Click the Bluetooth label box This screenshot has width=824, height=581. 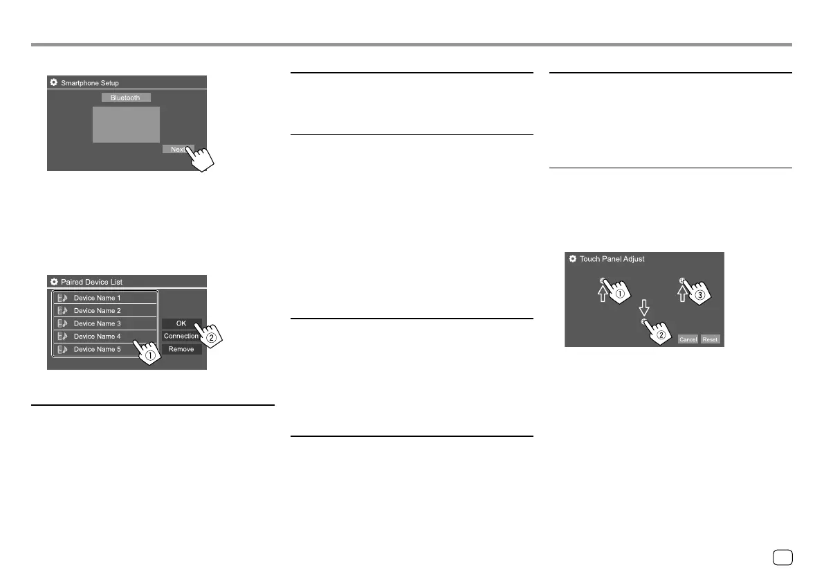tap(125, 98)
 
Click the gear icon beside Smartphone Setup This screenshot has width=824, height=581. tap(53, 83)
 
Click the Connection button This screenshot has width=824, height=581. tap(181, 336)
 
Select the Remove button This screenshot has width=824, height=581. tap(181, 349)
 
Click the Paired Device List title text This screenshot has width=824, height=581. tap(92, 282)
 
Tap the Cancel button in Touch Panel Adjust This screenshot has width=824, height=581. tap(688, 339)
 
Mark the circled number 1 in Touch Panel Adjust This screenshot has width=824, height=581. tap(620, 293)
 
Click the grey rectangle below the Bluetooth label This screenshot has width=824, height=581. tap(126, 125)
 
